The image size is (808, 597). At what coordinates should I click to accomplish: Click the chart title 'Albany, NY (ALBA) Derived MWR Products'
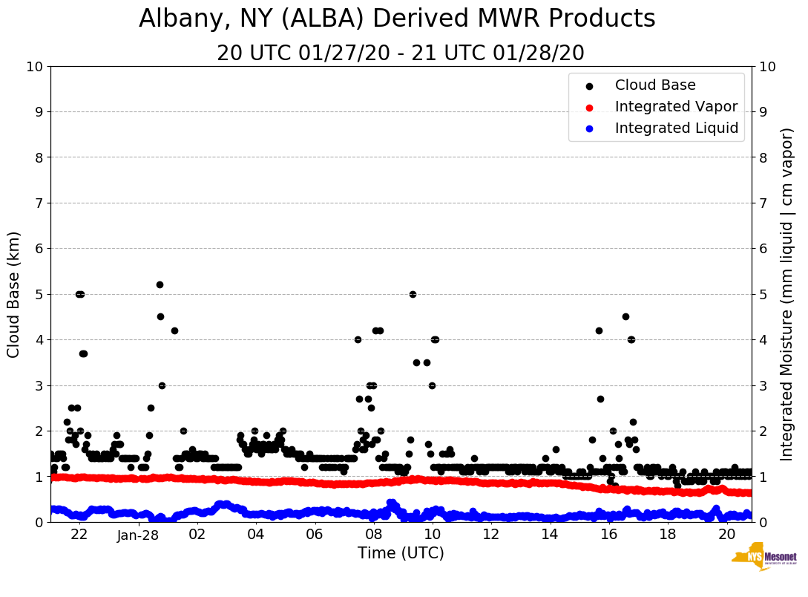[397, 19]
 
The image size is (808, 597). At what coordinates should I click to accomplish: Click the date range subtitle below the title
[401, 53]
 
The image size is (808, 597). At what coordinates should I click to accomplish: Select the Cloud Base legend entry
[655, 85]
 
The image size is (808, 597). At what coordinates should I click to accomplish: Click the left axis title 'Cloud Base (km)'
[14, 294]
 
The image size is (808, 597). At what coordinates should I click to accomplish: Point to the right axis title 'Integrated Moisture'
[787, 294]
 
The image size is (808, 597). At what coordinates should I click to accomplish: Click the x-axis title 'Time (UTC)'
[401, 553]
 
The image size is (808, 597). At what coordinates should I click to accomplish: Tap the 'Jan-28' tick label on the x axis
[138, 535]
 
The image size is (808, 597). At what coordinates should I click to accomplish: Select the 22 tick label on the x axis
[79, 535]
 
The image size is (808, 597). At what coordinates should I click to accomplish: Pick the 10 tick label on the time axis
[432, 535]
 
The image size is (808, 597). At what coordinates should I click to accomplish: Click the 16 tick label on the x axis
[608, 535]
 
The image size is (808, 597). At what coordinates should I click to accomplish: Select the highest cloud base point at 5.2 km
[160, 284]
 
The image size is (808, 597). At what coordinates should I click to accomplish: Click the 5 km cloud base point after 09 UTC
[413, 294]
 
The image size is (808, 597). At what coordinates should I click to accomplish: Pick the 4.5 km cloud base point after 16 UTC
[625, 316]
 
